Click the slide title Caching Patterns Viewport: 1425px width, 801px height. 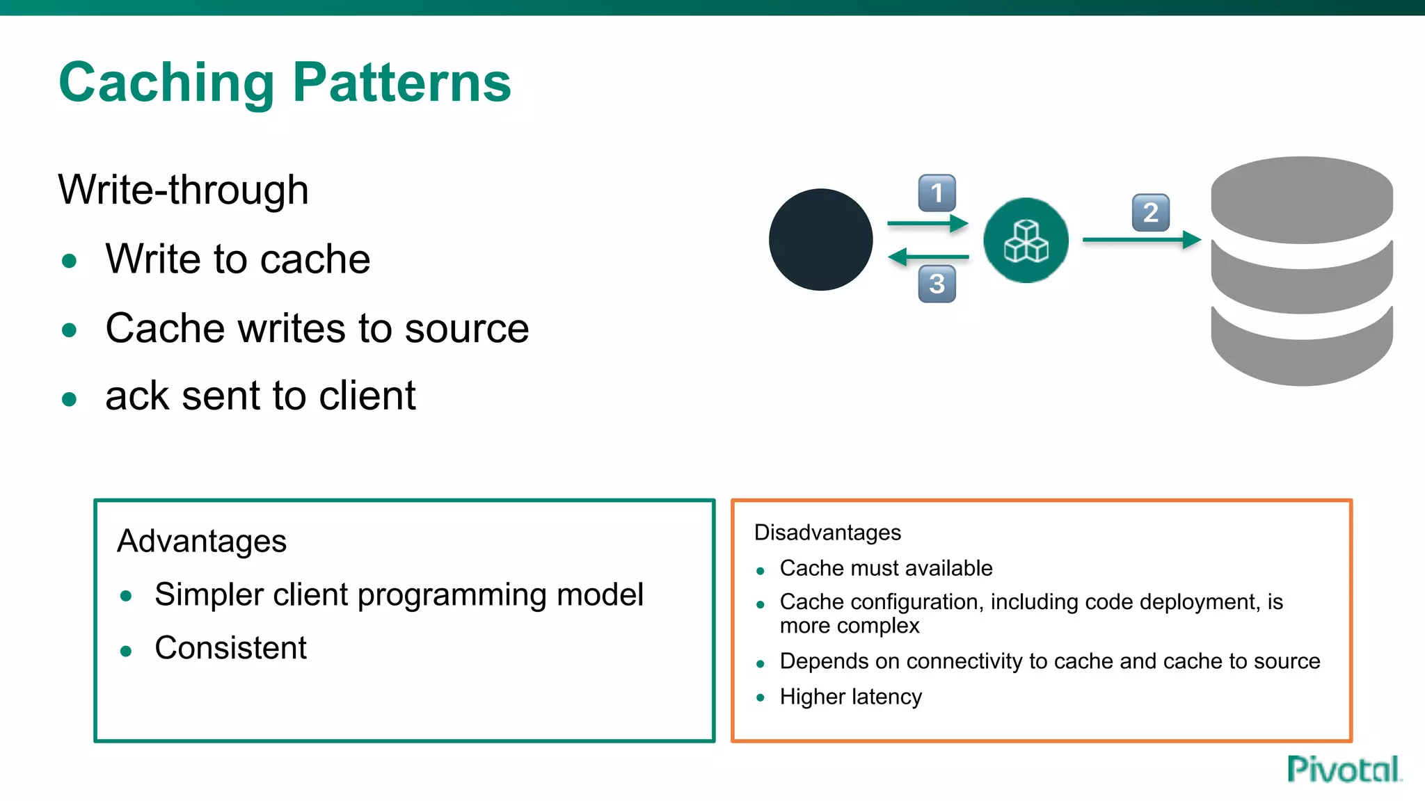[285, 83]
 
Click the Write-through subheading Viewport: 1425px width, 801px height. [184, 190]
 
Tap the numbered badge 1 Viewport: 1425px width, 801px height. [937, 193]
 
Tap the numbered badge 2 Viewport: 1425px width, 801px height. [1151, 213]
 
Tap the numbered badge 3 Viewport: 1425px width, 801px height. [937, 284]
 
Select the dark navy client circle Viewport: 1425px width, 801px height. [820, 240]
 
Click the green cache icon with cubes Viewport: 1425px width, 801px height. [1026, 241]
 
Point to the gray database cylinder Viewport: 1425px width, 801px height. [1301, 271]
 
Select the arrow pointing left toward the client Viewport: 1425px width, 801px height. [928, 257]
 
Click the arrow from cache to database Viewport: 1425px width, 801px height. [1141, 240]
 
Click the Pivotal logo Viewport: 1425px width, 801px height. [1344, 770]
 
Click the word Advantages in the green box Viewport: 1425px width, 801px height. [202, 541]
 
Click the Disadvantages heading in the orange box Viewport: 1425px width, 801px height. [827, 533]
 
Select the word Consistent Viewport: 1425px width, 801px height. [230, 648]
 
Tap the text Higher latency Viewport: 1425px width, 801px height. [850, 697]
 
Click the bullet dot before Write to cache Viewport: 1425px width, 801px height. [69, 261]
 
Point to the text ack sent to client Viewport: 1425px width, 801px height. [260, 396]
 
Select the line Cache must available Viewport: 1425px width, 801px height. [886, 568]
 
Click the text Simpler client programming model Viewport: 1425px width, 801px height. [399, 594]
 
